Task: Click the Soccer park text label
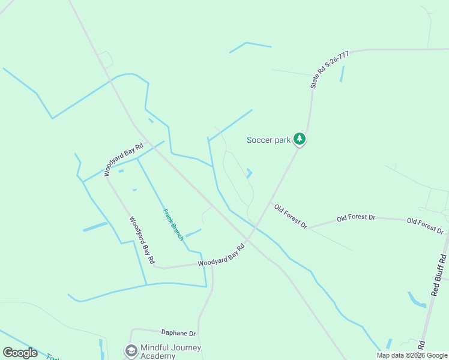[269, 140]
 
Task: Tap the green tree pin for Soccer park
[300, 140]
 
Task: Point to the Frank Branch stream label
[173, 224]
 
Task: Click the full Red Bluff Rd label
[439, 275]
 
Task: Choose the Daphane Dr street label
[178, 332]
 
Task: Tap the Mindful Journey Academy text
[170, 352]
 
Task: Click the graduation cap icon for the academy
[130, 350]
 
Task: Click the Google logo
[20, 353]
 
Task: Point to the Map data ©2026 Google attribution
[412, 355]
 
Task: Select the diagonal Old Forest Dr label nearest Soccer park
[291, 217]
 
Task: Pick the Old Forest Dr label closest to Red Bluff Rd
[425, 226]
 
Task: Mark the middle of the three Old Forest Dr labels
[356, 217]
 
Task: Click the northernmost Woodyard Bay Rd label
[123, 159]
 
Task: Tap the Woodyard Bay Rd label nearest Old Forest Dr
[221, 255]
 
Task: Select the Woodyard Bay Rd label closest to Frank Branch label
[142, 240]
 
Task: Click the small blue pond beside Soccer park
[249, 173]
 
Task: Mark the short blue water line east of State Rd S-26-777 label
[342, 74]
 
